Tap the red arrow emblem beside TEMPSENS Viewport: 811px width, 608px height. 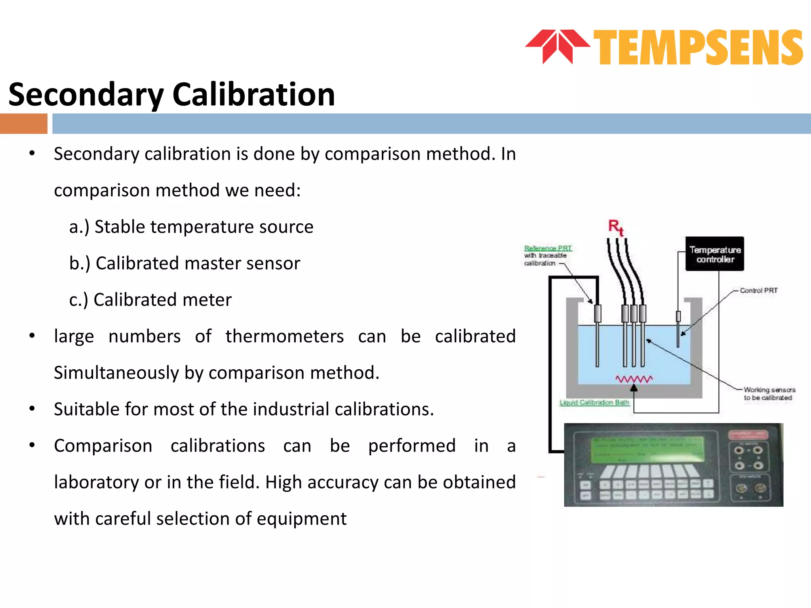click(558, 46)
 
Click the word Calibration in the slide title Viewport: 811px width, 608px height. click(253, 95)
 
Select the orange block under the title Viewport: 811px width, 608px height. click(24, 123)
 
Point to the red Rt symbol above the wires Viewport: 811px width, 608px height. click(615, 227)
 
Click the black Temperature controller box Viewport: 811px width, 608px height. click(715, 254)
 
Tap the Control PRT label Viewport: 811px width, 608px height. click(758, 291)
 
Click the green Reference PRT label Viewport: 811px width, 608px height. click(548, 248)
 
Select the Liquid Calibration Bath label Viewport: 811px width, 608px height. click(594, 403)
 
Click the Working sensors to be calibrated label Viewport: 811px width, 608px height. click(769, 394)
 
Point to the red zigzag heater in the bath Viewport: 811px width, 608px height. click(634, 379)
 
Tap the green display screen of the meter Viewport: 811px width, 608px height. click(648, 450)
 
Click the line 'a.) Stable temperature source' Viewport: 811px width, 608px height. click(191, 227)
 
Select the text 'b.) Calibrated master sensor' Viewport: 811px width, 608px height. click(185, 264)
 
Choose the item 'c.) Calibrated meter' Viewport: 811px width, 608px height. click(150, 300)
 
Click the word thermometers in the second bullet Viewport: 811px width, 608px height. click(284, 336)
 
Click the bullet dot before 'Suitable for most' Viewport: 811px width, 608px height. click(32, 409)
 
